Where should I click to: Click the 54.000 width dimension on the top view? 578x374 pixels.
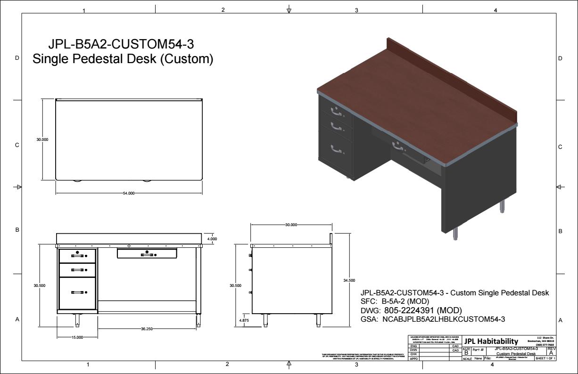click(x=129, y=193)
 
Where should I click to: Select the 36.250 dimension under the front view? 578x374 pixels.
click(x=147, y=329)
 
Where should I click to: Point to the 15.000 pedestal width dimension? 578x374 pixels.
click(x=77, y=337)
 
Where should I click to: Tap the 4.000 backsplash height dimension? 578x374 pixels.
click(x=212, y=239)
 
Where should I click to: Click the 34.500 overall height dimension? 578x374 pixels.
click(x=349, y=280)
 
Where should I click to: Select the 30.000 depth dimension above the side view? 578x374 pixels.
click(x=291, y=225)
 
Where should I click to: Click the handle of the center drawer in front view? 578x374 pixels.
click(x=147, y=254)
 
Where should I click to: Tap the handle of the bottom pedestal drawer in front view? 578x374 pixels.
click(x=77, y=292)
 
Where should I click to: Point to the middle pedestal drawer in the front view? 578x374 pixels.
click(x=77, y=270)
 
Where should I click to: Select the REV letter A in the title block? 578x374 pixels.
click(x=551, y=353)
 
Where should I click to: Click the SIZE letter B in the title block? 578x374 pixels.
click(x=466, y=353)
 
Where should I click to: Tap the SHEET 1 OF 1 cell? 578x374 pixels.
click(x=545, y=358)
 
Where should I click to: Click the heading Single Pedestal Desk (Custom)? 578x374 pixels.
click(x=123, y=59)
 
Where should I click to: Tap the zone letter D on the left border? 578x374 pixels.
click(x=17, y=58)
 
